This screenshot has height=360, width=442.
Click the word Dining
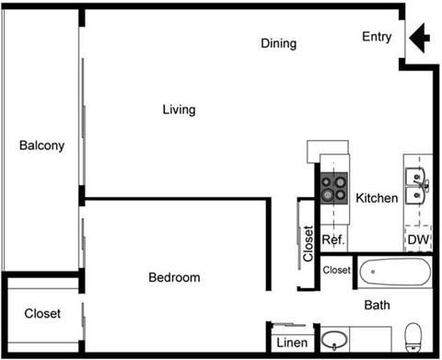(278, 43)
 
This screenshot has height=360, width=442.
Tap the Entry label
(377, 38)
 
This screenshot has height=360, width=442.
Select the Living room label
(179, 110)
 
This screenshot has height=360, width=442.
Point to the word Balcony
(41, 145)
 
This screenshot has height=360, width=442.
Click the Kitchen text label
(377, 198)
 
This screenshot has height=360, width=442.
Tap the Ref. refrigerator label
(332, 240)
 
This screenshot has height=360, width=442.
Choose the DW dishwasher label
(418, 240)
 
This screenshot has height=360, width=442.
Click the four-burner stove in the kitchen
(334, 188)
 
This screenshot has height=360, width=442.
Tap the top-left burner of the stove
(328, 181)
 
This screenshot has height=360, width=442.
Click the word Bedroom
(174, 277)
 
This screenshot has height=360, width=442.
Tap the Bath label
(377, 305)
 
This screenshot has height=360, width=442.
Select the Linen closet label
(291, 343)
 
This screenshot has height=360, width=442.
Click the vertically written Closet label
(308, 245)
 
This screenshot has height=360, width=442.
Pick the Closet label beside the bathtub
(337, 270)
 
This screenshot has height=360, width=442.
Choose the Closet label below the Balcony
(42, 314)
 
